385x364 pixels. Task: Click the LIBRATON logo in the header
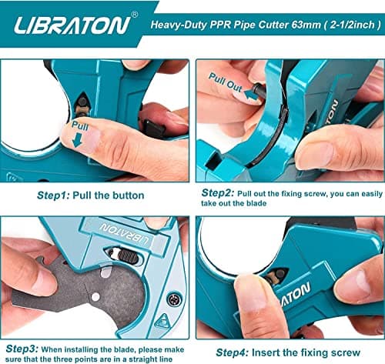(x=72, y=25)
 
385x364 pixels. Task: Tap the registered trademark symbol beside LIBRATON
(x=135, y=15)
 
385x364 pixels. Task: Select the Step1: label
(x=53, y=195)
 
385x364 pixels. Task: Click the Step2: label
(x=218, y=193)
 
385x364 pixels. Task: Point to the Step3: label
(x=22, y=349)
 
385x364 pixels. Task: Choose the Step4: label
(x=233, y=352)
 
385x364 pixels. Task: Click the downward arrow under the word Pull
(x=77, y=141)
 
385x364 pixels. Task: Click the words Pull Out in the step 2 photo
(x=226, y=82)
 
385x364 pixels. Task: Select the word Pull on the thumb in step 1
(x=80, y=125)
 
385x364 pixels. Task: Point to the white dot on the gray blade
(x=95, y=297)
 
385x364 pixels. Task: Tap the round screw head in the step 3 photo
(x=173, y=299)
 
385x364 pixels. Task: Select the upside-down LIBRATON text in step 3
(x=125, y=235)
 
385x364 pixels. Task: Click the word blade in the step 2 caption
(x=256, y=203)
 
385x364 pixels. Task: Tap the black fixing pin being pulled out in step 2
(x=257, y=90)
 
